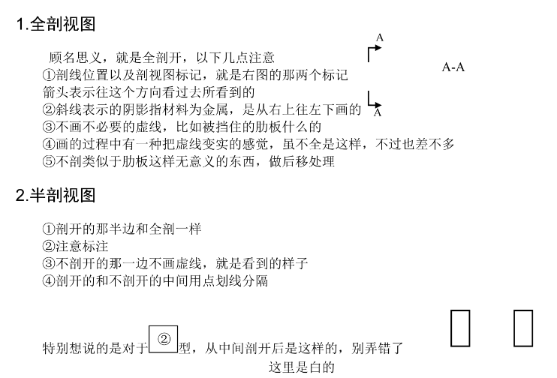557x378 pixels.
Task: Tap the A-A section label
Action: (453, 67)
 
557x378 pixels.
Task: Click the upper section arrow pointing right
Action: (374, 51)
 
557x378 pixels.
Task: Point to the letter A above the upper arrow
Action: (380, 37)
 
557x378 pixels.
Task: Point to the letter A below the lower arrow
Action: (378, 113)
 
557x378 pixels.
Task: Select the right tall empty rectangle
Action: (522, 327)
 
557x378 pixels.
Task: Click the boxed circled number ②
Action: (163, 339)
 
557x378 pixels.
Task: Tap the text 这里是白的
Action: (301, 368)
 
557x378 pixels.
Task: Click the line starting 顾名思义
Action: (161, 58)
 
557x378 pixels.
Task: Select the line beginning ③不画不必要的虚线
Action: (182, 126)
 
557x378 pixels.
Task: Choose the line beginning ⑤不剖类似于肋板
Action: (188, 160)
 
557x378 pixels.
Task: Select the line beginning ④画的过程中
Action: (248, 143)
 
